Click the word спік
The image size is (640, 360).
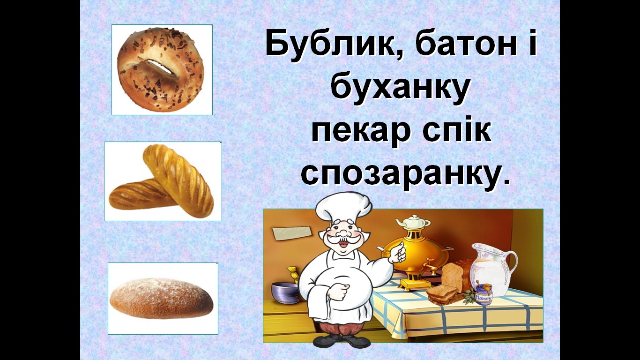point(456,130)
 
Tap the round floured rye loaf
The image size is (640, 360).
point(162,298)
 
